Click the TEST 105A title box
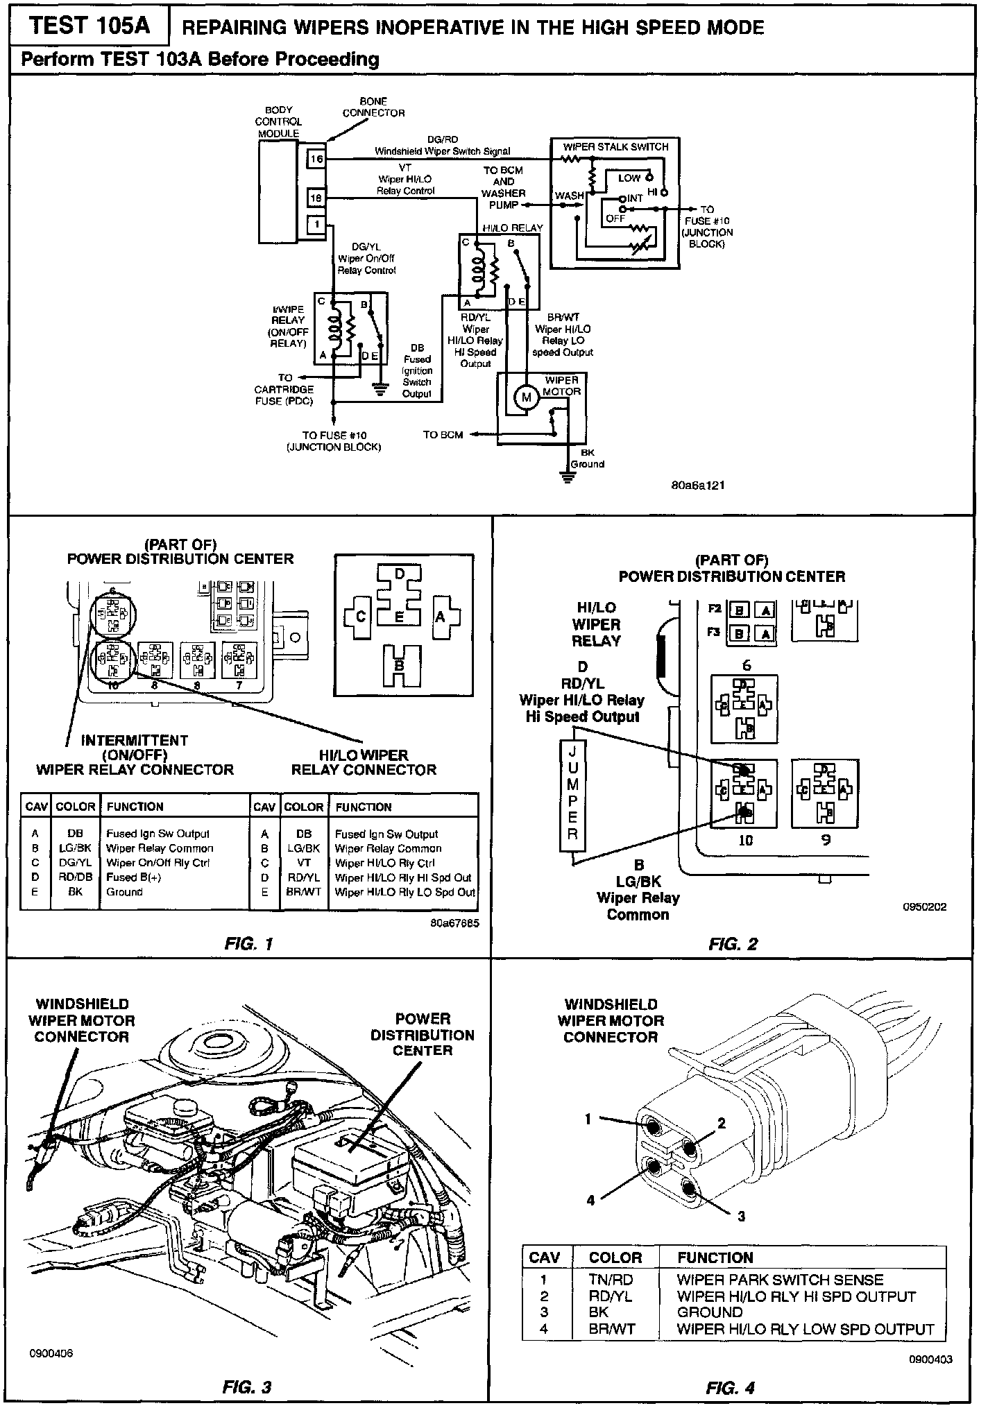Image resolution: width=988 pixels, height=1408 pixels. pos(90,26)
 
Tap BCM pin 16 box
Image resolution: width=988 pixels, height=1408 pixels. pos(316,159)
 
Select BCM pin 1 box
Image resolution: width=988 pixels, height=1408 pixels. pos(316,224)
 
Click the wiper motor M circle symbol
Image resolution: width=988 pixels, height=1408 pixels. pos(526,397)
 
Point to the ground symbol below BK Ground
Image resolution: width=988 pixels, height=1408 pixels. pos(568,478)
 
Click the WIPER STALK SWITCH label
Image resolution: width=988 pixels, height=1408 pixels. pos(615,147)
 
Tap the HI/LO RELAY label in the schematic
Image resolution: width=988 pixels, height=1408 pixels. pos(513,227)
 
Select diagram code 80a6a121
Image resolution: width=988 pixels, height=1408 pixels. pos(697,486)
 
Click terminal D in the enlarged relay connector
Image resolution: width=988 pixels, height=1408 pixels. pos(400,574)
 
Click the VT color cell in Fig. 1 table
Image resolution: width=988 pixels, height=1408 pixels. pos(304,863)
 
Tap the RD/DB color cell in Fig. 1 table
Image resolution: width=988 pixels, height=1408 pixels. pos(75,877)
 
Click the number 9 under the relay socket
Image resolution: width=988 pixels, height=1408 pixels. pos(826,840)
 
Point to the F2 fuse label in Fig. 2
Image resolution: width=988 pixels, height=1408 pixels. pos(715,609)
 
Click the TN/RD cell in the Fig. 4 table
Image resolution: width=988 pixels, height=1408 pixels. pos(611,1280)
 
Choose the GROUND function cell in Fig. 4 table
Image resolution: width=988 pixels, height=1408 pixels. pos(710,1312)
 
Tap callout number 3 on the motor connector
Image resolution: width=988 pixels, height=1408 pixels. pos(741,1217)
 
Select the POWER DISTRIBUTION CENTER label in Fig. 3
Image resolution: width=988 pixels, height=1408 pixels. pos(423,1035)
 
